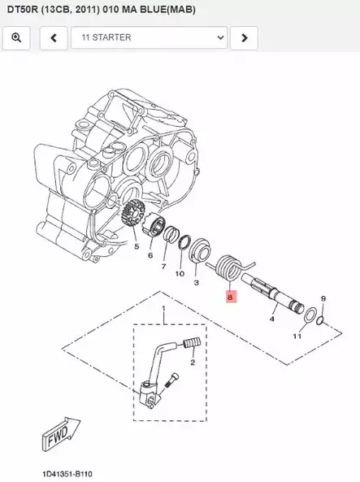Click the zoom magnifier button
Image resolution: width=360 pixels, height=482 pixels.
17,37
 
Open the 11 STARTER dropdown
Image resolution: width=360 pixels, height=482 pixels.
149,37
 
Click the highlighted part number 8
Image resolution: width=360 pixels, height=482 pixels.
230,297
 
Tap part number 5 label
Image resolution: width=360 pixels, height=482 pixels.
136,246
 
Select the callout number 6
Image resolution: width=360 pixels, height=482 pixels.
150,255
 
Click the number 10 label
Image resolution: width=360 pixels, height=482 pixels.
180,274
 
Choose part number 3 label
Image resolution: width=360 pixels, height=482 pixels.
196,283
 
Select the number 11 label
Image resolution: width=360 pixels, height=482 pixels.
297,336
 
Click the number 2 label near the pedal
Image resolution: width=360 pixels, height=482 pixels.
193,363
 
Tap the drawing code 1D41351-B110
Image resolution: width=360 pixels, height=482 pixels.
68,472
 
